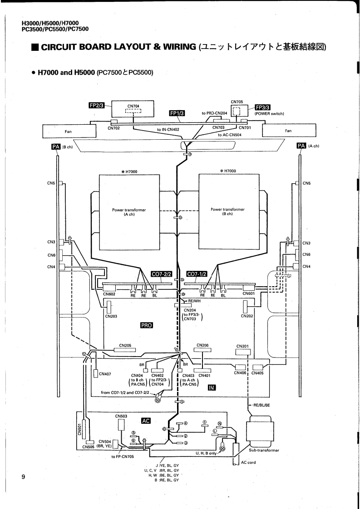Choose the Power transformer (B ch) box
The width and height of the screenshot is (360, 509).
(228, 212)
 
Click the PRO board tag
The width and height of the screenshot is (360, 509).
(147, 325)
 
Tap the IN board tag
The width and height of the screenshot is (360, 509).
(211, 387)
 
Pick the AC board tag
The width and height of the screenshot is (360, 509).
(147, 421)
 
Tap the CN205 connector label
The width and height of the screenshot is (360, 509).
(125, 346)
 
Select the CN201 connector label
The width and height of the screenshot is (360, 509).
(243, 347)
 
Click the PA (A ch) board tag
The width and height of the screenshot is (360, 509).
(301, 146)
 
